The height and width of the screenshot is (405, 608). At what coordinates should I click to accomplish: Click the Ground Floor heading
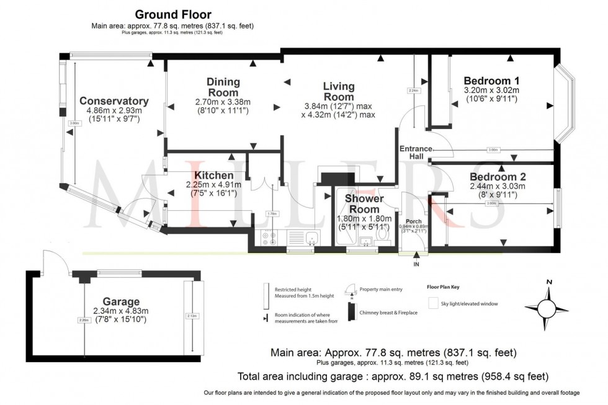coord(172,14)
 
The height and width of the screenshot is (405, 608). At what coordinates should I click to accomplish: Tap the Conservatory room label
coord(114,101)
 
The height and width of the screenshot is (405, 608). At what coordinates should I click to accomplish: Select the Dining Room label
coord(223,87)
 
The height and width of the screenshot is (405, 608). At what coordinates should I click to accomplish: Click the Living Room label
coord(338,91)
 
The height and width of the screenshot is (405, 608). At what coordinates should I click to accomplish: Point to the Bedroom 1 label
coord(491,81)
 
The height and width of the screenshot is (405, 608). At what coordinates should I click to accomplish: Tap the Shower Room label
coord(364,204)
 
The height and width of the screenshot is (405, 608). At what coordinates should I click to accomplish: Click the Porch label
coord(413,221)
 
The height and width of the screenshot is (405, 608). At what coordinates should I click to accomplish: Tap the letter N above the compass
coord(548,283)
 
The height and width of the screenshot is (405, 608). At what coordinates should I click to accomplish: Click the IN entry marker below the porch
coord(415,264)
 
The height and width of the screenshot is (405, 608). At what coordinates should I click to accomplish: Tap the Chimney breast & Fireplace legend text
coord(388,313)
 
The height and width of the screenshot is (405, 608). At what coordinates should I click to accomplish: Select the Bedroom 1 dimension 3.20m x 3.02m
coord(491,91)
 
